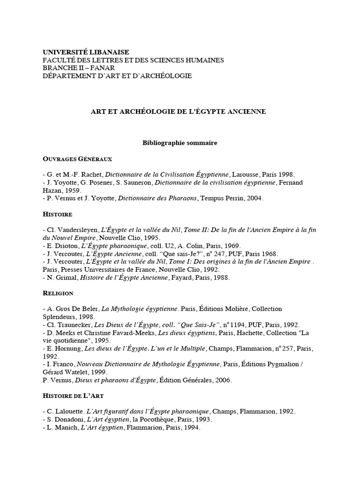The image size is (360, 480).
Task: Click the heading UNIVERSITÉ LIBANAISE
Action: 86,52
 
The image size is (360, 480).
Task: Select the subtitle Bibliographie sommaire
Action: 180,143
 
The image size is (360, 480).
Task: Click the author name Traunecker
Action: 78,325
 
